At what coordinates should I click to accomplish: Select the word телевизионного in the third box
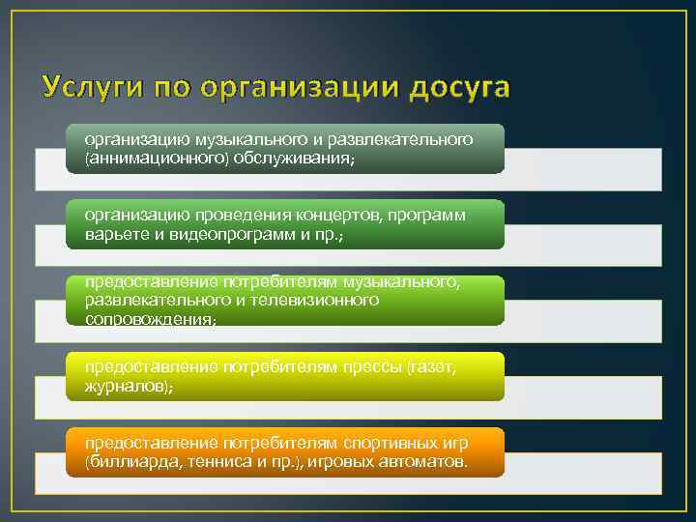pyautogui.click(x=322, y=300)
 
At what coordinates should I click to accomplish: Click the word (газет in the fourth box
pyautogui.click(x=429, y=367)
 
